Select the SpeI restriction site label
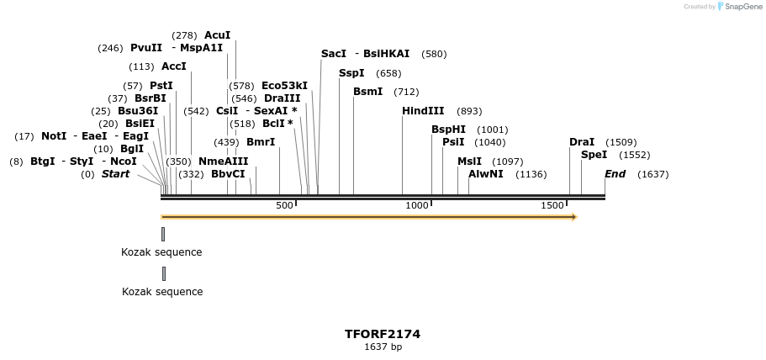594,155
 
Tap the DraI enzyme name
582,142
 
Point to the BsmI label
367,92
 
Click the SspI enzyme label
351,73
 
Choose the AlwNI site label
485,174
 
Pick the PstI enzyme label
161,86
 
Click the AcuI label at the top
217,35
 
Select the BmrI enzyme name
261,142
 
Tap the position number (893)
469,111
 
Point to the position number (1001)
492,130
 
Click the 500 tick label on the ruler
284,205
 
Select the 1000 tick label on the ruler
417,205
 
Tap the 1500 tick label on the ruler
552,205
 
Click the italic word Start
116,174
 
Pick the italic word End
615,174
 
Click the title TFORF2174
383,334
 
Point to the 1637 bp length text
383,347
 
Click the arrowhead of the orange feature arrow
574,217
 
